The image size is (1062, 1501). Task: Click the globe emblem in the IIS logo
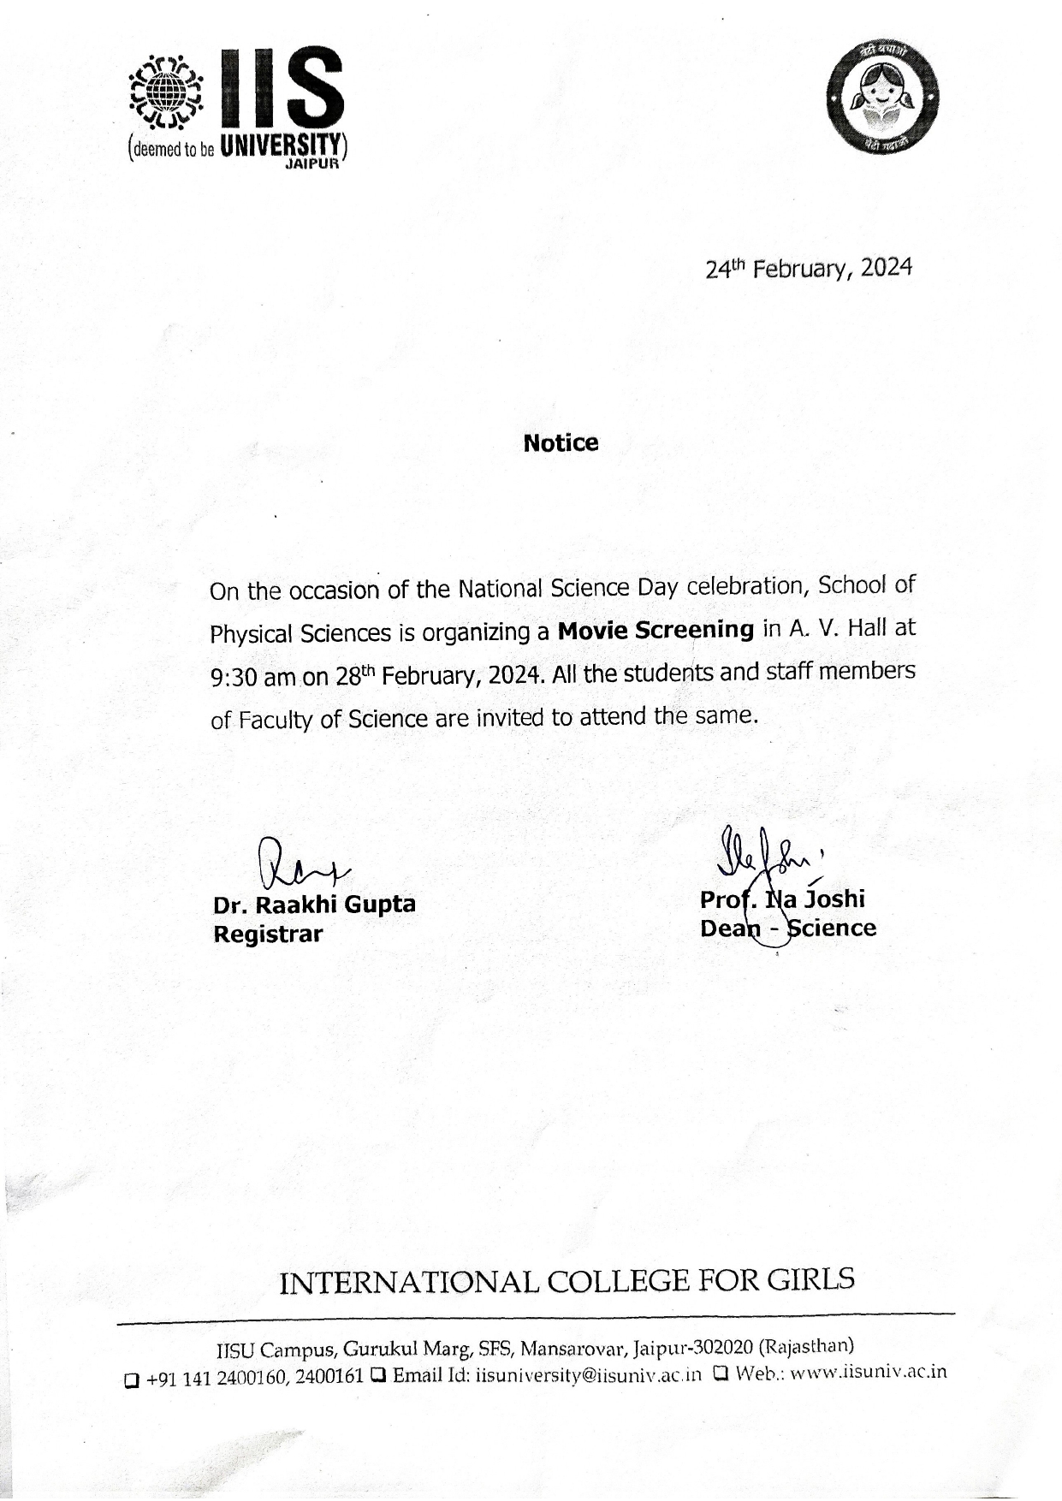pos(165,90)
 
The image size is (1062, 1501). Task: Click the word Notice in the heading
pos(561,443)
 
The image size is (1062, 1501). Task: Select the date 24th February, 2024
pos(809,269)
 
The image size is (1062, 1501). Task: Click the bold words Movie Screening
pos(656,631)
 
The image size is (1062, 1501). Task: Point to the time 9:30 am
pos(252,678)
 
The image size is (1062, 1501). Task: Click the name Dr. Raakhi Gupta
pos(314,905)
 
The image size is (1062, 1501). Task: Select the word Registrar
pos(268,934)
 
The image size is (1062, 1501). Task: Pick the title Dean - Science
pos(787,928)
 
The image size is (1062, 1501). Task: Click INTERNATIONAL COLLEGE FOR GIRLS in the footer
pos(567,1281)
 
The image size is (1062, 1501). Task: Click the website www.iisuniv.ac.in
pos(868,1373)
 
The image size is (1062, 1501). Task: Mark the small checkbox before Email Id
pos(377,1376)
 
